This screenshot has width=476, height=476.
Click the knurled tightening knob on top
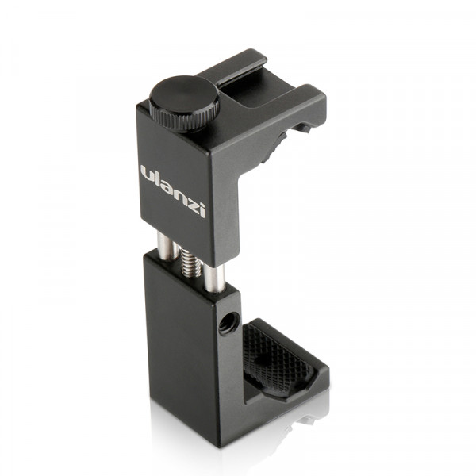tap(182, 102)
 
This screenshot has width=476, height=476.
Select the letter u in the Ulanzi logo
tap(148, 173)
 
